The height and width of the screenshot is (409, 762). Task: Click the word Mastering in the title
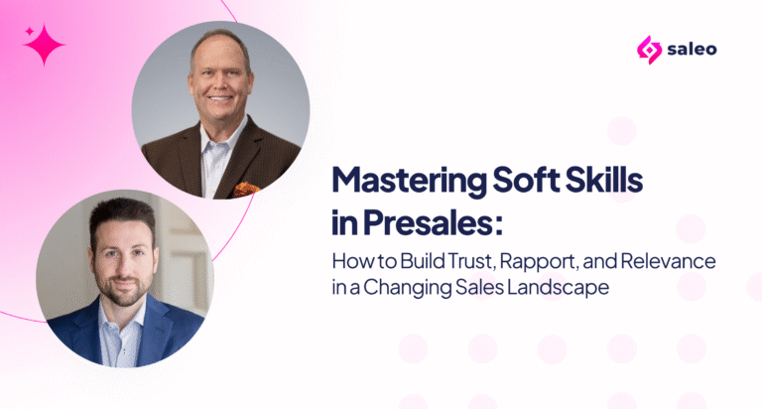pos(409,181)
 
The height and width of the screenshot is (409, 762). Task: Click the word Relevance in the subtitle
pos(668,261)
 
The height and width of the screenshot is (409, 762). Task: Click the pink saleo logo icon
pos(649,50)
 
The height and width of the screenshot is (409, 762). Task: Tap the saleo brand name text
pos(692,49)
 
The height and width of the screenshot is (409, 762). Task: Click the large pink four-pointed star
pos(45,45)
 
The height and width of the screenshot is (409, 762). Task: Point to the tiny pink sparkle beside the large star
pos(30,32)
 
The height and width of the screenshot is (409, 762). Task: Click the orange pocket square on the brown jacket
pos(247,189)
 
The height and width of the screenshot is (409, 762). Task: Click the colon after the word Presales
pos(499,226)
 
